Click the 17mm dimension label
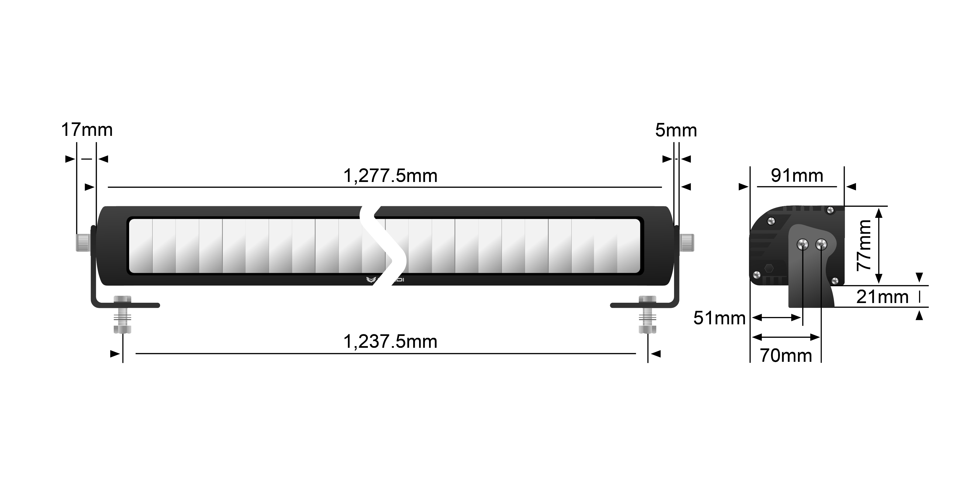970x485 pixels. pyautogui.click(x=87, y=130)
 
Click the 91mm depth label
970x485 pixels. pyautogui.click(x=797, y=176)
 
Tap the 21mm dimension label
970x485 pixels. pyautogui.click(x=882, y=297)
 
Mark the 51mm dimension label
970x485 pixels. pyautogui.click(x=719, y=318)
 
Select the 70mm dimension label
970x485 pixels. pyautogui.click(x=786, y=356)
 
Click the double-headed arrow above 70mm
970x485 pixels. pyautogui.click(x=786, y=337)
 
